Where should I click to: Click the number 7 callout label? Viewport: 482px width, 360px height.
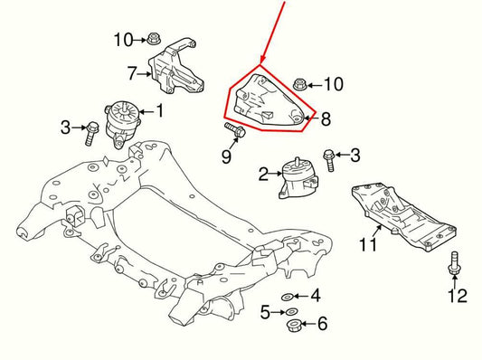point(132,71)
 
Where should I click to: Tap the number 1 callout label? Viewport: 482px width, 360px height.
point(160,111)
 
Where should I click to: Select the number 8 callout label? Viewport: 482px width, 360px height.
point(326,118)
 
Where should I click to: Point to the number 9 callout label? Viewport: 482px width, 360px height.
point(226,156)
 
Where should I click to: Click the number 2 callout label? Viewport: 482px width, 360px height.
point(262,172)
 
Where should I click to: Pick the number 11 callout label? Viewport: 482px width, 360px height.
point(368,243)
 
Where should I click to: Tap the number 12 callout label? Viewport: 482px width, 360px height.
point(458,295)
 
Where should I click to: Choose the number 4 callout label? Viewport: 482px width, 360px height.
point(315,296)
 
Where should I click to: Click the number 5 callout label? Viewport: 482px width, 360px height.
point(266,312)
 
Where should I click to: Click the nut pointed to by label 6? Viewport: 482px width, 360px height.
point(293,324)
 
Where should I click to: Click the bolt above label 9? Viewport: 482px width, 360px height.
point(237,132)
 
